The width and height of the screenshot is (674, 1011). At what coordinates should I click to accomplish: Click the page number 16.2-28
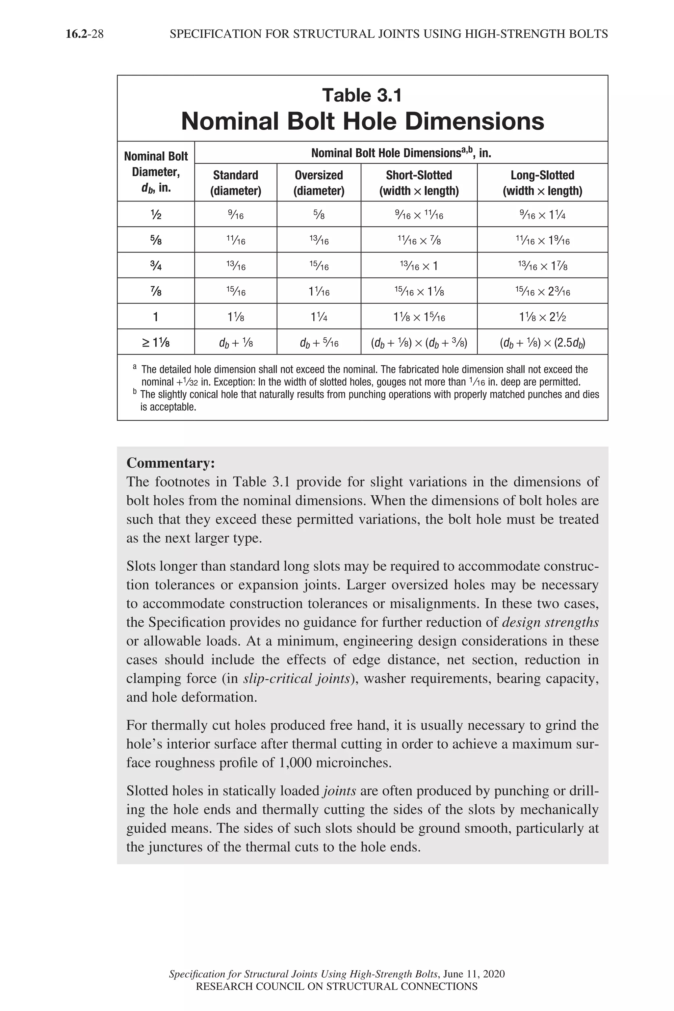tap(85, 34)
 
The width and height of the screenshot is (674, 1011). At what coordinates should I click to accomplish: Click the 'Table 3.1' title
tap(362, 95)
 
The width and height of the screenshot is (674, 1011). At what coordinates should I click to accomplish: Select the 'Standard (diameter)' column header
tap(236, 183)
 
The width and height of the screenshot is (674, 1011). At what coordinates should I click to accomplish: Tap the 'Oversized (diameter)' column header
tap(319, 183)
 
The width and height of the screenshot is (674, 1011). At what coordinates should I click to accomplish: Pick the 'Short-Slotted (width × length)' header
tap(419, 183)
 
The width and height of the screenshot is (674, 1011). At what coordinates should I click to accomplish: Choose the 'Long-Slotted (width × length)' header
tap(542, 183)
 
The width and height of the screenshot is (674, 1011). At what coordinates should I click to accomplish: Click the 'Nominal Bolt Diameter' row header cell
tap(156, 171)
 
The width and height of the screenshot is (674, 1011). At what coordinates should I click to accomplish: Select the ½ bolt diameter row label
tap(156, 215)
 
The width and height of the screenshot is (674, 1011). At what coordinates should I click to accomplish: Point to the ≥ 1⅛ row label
tap(156, 342)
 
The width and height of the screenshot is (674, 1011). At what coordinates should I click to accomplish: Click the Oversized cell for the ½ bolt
tap(319, 215)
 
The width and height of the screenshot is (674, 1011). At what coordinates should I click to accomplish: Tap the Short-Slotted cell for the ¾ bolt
tap(419, 266)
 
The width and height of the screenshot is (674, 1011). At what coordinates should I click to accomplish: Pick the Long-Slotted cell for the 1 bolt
tap(542, 317)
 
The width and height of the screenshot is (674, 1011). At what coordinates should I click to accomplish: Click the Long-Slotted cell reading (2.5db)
tap(542, 343)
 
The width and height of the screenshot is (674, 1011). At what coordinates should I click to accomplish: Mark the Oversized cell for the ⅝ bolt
tap(319, 240)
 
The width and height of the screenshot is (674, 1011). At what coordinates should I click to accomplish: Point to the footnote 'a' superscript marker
tap(135, 367)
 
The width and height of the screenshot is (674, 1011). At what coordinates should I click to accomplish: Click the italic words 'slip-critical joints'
tap(296, 678)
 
